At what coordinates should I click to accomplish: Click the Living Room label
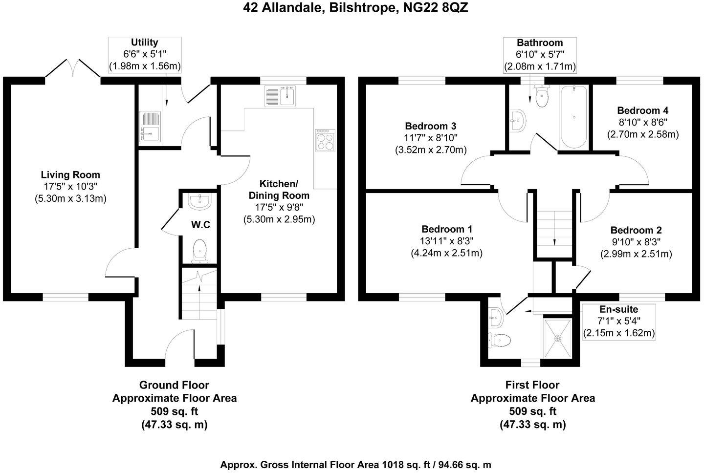(70, 175)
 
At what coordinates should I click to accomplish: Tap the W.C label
(200, 225)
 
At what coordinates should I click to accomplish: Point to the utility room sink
(150, 126)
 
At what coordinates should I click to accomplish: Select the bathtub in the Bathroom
(574, 116)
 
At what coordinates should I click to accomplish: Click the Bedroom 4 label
(642, 111)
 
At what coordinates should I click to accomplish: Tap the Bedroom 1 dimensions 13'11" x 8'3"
(447, 241)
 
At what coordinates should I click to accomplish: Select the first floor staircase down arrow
(554, 241)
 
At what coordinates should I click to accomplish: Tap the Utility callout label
(144, 43)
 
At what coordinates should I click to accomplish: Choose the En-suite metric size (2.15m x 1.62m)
(618, 333)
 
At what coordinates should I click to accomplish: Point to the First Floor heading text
(532, 385)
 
